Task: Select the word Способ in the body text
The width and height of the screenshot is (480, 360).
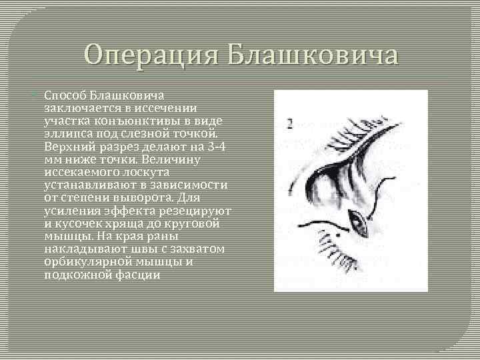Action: pyautogui.click(x=66, y=96)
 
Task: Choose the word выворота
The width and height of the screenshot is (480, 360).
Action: pyautogui.click(x=144, y=198)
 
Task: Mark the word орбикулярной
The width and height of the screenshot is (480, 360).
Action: pyautogui.click(x=85, y=261)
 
